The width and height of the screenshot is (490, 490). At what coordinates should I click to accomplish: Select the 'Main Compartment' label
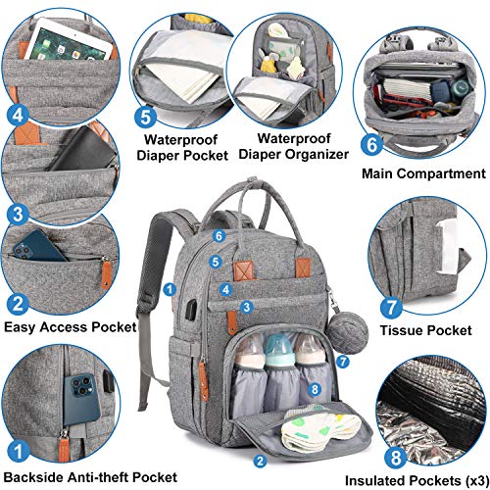click(424, 174)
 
